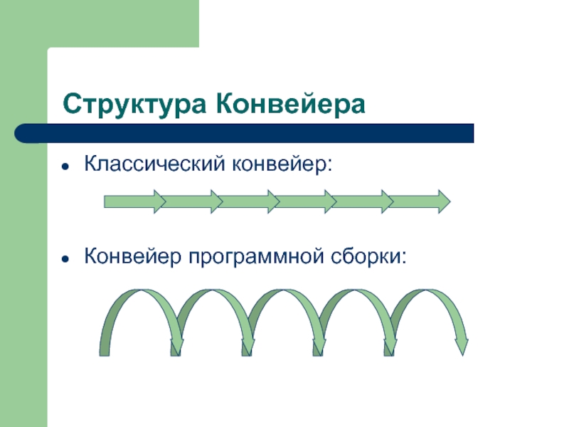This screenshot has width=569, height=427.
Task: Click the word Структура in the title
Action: click(x=134, y=105)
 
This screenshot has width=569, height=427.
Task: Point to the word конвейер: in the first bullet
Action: click(x=280, y=165)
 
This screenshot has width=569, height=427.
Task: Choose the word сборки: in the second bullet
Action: click(x=370, y=255)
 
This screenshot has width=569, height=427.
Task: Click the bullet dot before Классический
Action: click(x=65, y=167)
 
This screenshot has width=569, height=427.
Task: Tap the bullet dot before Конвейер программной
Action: click(x=65, y=256)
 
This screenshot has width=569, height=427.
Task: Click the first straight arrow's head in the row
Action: click(x=159, y=201)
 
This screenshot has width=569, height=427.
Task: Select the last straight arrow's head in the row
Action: click(x=443, y=201)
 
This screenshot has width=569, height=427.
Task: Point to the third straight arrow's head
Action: click(x=272, y=201)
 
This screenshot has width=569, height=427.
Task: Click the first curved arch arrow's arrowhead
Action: click(x=176, y=345)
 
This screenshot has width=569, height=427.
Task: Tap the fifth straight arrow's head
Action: click(x=385, y=201)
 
